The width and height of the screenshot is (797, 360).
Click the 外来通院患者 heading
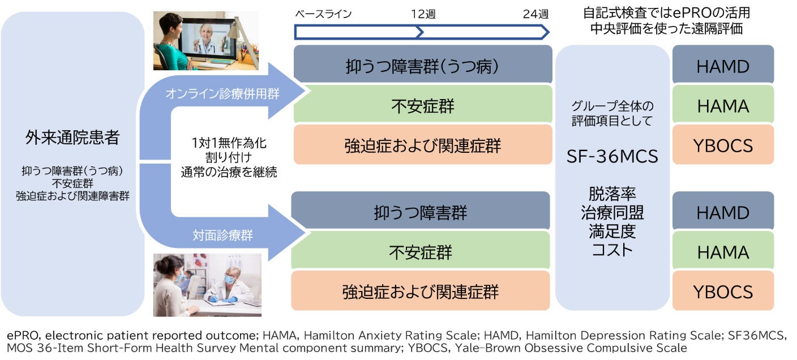72,137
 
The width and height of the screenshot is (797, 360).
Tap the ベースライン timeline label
323,14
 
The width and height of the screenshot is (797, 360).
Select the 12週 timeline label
423,14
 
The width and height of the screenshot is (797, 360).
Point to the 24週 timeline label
535,14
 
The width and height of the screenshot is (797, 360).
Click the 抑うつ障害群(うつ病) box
422,66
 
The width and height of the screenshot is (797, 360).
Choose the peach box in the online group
422,145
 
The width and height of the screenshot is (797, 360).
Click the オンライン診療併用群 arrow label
222,94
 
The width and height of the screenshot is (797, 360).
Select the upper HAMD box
723,66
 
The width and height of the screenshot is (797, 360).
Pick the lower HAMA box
723,252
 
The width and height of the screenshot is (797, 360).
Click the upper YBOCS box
723,145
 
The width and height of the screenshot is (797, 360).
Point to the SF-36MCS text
612,156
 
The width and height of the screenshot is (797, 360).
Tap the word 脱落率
612,195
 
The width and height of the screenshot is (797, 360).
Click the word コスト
612,250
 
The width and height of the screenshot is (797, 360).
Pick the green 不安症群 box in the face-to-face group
420,252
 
